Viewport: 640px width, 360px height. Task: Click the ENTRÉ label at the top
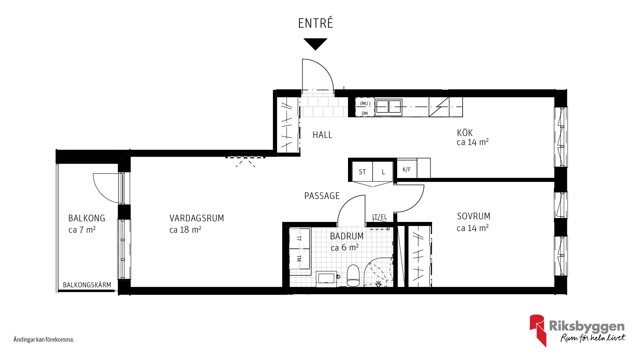click(315, 23)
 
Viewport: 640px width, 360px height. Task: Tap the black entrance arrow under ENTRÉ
click(315, 44)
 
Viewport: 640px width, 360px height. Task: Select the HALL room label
click(322, 135)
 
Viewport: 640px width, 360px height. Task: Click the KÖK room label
click(465, 133)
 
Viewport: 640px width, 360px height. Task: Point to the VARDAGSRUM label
click(197, 218)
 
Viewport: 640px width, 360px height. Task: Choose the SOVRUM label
click(473, 216)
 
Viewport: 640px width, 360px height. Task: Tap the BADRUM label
click(347, 236)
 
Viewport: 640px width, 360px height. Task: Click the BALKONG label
click(87, 218)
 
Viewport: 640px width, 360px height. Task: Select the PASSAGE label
click(322, 196)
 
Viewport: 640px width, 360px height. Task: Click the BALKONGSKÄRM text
click(87, 285)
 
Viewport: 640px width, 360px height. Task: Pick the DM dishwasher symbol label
click(365, 113)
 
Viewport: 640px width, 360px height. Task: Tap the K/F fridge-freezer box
click(407, 169)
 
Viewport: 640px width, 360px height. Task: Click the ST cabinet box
click(362, 172)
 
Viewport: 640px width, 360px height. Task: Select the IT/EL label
click(380, 217)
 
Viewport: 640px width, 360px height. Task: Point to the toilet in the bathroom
click(353, 276)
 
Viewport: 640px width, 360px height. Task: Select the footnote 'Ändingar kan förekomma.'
click(44, 340)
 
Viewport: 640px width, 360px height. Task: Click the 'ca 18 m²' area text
click(185, 230)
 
